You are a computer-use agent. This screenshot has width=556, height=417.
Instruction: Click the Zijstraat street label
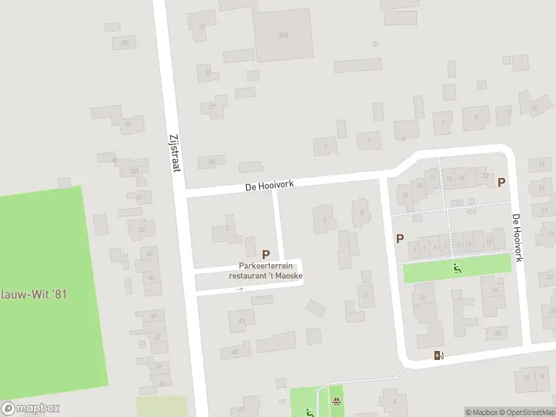point(174,152)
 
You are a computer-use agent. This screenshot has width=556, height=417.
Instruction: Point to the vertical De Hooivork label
point(517,237)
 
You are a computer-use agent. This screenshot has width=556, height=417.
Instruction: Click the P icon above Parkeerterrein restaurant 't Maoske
point(265,255)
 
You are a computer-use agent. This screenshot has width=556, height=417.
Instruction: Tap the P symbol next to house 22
point(501,182)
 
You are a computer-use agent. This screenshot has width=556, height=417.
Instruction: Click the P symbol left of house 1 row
point(400,238)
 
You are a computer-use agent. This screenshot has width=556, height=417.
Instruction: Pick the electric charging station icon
point(439,356)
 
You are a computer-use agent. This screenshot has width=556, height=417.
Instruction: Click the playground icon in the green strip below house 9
point(457,268)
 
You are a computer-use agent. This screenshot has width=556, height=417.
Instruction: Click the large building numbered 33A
point(282,34)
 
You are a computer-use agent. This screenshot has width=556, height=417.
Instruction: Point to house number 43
point(242,320)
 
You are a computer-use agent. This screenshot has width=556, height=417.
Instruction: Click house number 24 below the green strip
point(494,290)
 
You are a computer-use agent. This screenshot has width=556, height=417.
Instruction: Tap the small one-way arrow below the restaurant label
point(240,288)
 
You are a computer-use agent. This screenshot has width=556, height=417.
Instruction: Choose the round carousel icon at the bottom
point(337,401)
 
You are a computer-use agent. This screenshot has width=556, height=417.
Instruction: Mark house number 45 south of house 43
point(234,352)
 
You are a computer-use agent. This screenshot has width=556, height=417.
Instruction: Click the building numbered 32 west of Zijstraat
point(128,124)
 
